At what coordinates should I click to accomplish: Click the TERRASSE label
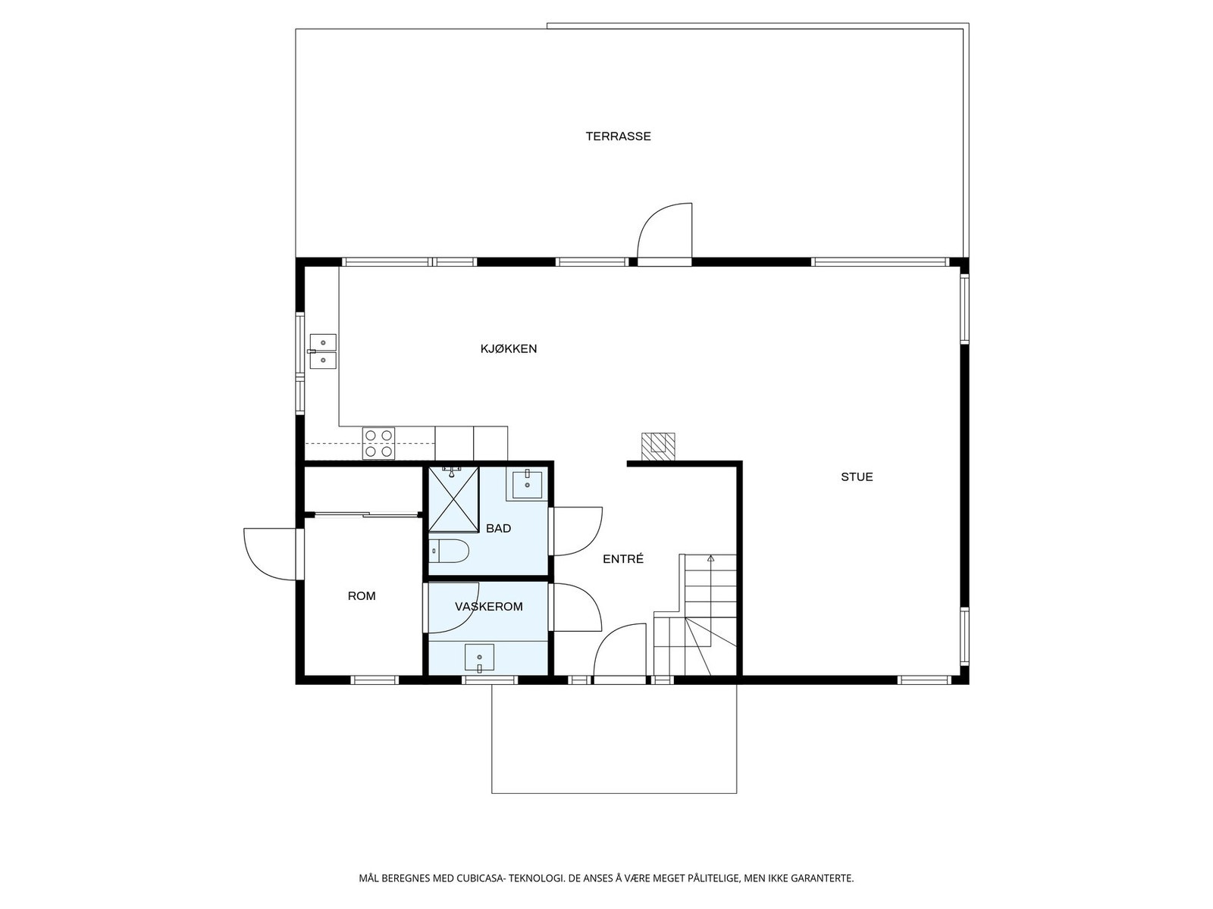coord(618,136)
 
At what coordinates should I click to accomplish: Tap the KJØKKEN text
coord(509,348)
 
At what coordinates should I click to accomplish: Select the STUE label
coord(857,477)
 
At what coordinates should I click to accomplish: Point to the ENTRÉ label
coord(623,559)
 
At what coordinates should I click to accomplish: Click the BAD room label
coord(498,528)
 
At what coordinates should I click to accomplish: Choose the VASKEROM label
coord(488,607)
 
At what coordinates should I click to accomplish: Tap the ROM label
coord(362,595)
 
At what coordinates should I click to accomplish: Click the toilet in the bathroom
coord(450,550)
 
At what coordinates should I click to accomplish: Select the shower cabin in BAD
coord(453,499)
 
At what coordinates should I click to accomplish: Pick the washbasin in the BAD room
coord(527,484)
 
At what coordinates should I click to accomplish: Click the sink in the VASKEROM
coord(479,658)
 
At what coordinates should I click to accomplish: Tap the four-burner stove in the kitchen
coord(378,443)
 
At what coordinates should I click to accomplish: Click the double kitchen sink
coord(323,351)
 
